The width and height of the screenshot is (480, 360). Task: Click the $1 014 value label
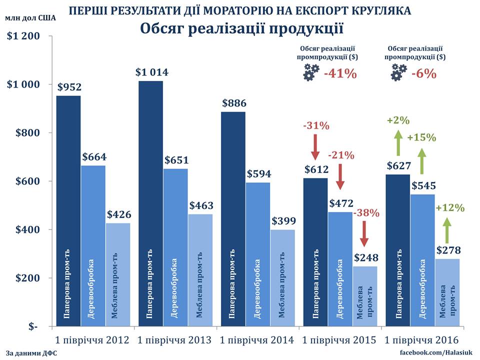(x=152, y=72)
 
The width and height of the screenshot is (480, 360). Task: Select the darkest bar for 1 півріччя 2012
(x=68, y=210)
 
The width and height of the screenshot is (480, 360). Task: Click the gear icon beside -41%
(x=310, y=73)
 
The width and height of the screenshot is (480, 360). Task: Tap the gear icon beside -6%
(x=398, y=73)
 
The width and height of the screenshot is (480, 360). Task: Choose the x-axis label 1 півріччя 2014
(x=257, y=340)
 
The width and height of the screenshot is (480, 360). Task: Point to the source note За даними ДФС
(x=32, y=353)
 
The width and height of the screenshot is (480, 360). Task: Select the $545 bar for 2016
(x=422, y=260)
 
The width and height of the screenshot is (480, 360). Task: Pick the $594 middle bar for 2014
(x=258, y=255)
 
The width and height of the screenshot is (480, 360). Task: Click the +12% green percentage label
(x=450, y=207)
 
